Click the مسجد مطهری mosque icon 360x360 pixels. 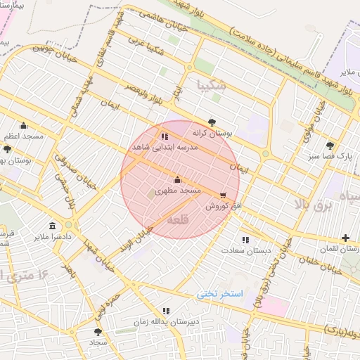pyautogui.click(x=176, y=179)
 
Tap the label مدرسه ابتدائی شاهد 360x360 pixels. pyautogui.click(x=164, y=148)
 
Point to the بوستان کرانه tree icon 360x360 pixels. pyautogui.click(x=212, y=122)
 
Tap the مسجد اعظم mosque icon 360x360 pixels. pyautogui.click(x=24, y=125)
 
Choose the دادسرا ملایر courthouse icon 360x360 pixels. pyautogui.click(x=54, y=225)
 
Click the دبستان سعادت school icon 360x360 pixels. pyautogui.click(x=245, y=240)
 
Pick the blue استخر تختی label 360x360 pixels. pyautogui.click(x=220, y=293)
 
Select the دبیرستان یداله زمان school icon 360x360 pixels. pyautogui.click(x=166, y=310)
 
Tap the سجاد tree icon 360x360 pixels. pyautogui.click(x=98, y=331)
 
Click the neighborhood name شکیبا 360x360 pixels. pyautogui.click(x=213, y=86)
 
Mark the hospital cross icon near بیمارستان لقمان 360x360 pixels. pyautogui.click(x=345, y=238)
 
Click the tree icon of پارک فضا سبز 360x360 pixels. pyautogui.click(x=330, y=145)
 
